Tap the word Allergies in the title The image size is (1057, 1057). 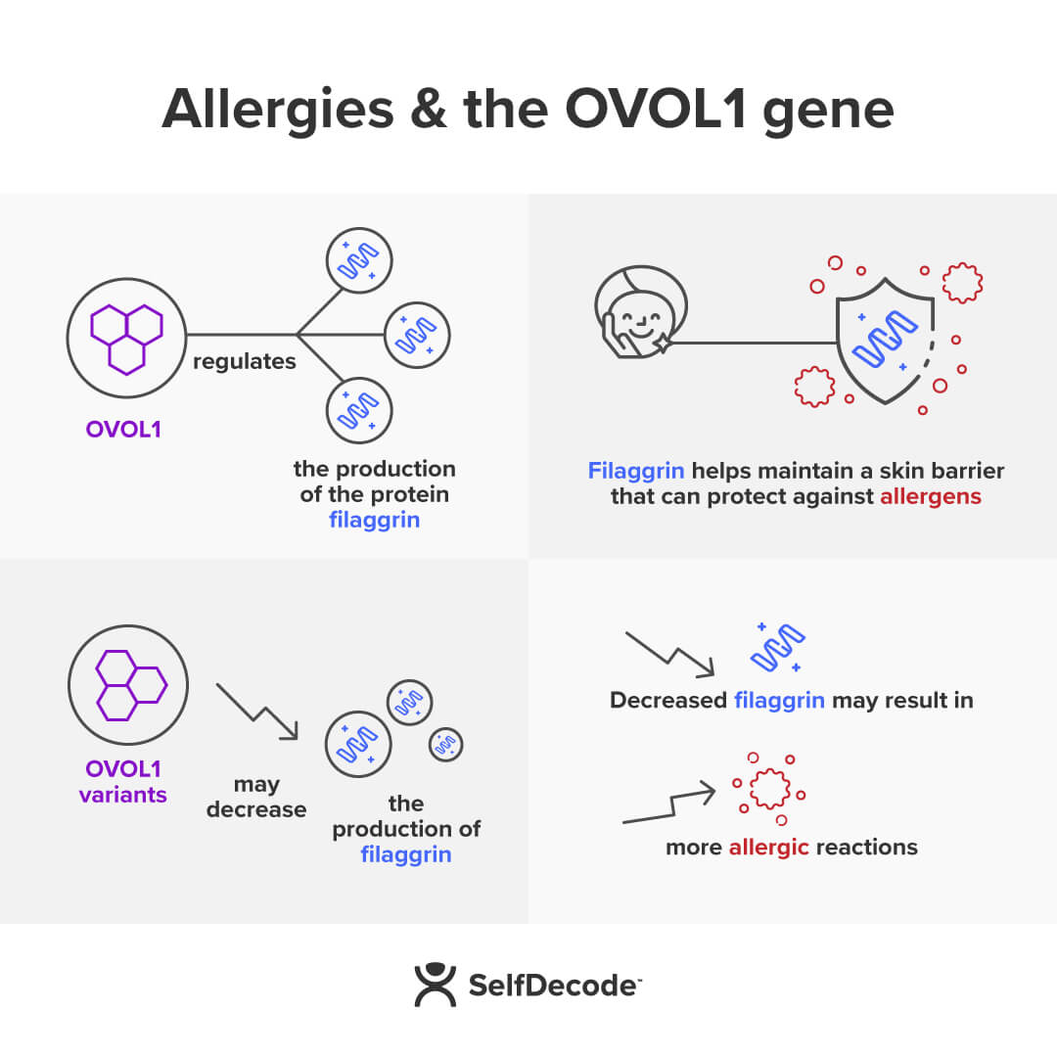[x=277, y=110]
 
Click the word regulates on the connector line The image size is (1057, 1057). [x=244, y=361]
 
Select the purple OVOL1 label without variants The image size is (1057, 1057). [x=123, y=430]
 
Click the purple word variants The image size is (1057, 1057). [x=123, y=794]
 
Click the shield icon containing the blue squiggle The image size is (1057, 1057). [x=884, y=335]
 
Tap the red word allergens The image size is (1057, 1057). [x=930, y=496]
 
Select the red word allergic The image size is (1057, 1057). [x=768, y=847]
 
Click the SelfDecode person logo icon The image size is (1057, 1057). [x=435, y=985]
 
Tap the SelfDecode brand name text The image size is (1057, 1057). [x=552, y=986]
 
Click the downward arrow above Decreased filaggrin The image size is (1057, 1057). [x=670, y=654]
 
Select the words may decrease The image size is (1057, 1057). [x=256, y=797]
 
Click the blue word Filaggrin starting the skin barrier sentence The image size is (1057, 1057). [x=636, y=471]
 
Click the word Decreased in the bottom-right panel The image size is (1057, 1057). [x=667, y=701]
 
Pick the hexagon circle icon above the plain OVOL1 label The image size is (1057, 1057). [x=125, y=338]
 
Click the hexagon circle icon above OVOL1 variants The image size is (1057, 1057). [x=128, y=684]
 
